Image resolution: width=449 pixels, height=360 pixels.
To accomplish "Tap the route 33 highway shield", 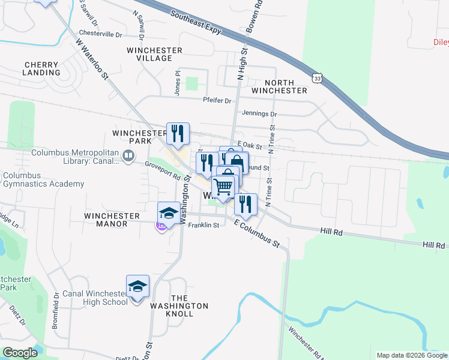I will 317,77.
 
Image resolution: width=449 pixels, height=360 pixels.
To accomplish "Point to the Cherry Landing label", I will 42,68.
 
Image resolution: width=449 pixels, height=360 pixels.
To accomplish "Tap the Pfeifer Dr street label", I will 217,101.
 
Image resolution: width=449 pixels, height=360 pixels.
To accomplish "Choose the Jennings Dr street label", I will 259,113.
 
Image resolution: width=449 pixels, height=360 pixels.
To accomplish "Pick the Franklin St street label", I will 203,226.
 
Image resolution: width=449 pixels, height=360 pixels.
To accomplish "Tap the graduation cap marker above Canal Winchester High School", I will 137,286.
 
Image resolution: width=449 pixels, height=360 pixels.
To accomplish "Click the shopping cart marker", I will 224,187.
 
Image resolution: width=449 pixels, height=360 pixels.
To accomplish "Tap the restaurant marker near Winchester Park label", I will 178,133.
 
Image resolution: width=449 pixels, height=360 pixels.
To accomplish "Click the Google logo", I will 20,353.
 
